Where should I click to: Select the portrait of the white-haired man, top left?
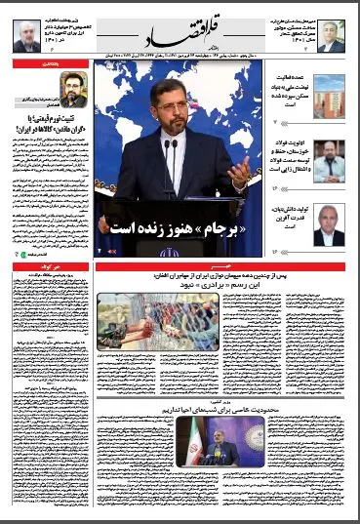[x=25, y=35]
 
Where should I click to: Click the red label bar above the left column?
[x=52, y=61]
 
